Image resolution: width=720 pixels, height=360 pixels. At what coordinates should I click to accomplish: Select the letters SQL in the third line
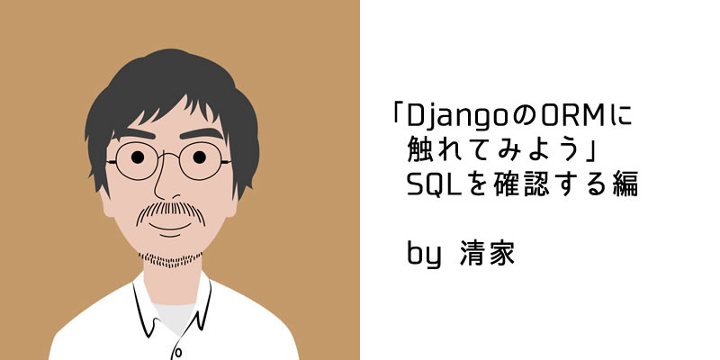pyautogui.click(x=435, y=186)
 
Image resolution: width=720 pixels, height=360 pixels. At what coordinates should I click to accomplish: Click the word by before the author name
pyautogui.click(x=424, y=254)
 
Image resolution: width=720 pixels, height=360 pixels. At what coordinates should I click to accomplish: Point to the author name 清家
pyautogui.click(x=487, y=254)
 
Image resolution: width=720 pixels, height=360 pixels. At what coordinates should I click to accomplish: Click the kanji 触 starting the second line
pyautogui.click(x=419, y=151)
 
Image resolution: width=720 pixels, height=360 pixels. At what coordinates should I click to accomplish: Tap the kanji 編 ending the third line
pyautogui.click(x=625, y=185)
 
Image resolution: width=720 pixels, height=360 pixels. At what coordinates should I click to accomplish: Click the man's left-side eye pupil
pyautogui.click(x=138, y=157)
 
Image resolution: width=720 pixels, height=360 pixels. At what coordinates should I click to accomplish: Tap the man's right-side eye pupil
pyautogui.click(x=199, y=157)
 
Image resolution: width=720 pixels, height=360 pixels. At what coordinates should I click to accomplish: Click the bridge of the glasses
pyautogui.click(x=168, y=154)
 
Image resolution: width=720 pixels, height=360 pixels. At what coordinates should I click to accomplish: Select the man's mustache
pyautogui.click(x=171, y=211)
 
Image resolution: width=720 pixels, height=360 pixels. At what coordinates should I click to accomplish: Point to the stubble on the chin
pyautogui.click(x=171, y=260)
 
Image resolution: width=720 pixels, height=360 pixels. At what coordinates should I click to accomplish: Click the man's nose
pyautogui.click(x=163, y=184)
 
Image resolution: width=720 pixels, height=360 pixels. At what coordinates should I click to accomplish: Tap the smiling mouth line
pyautogui.click(x=170, y=228)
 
